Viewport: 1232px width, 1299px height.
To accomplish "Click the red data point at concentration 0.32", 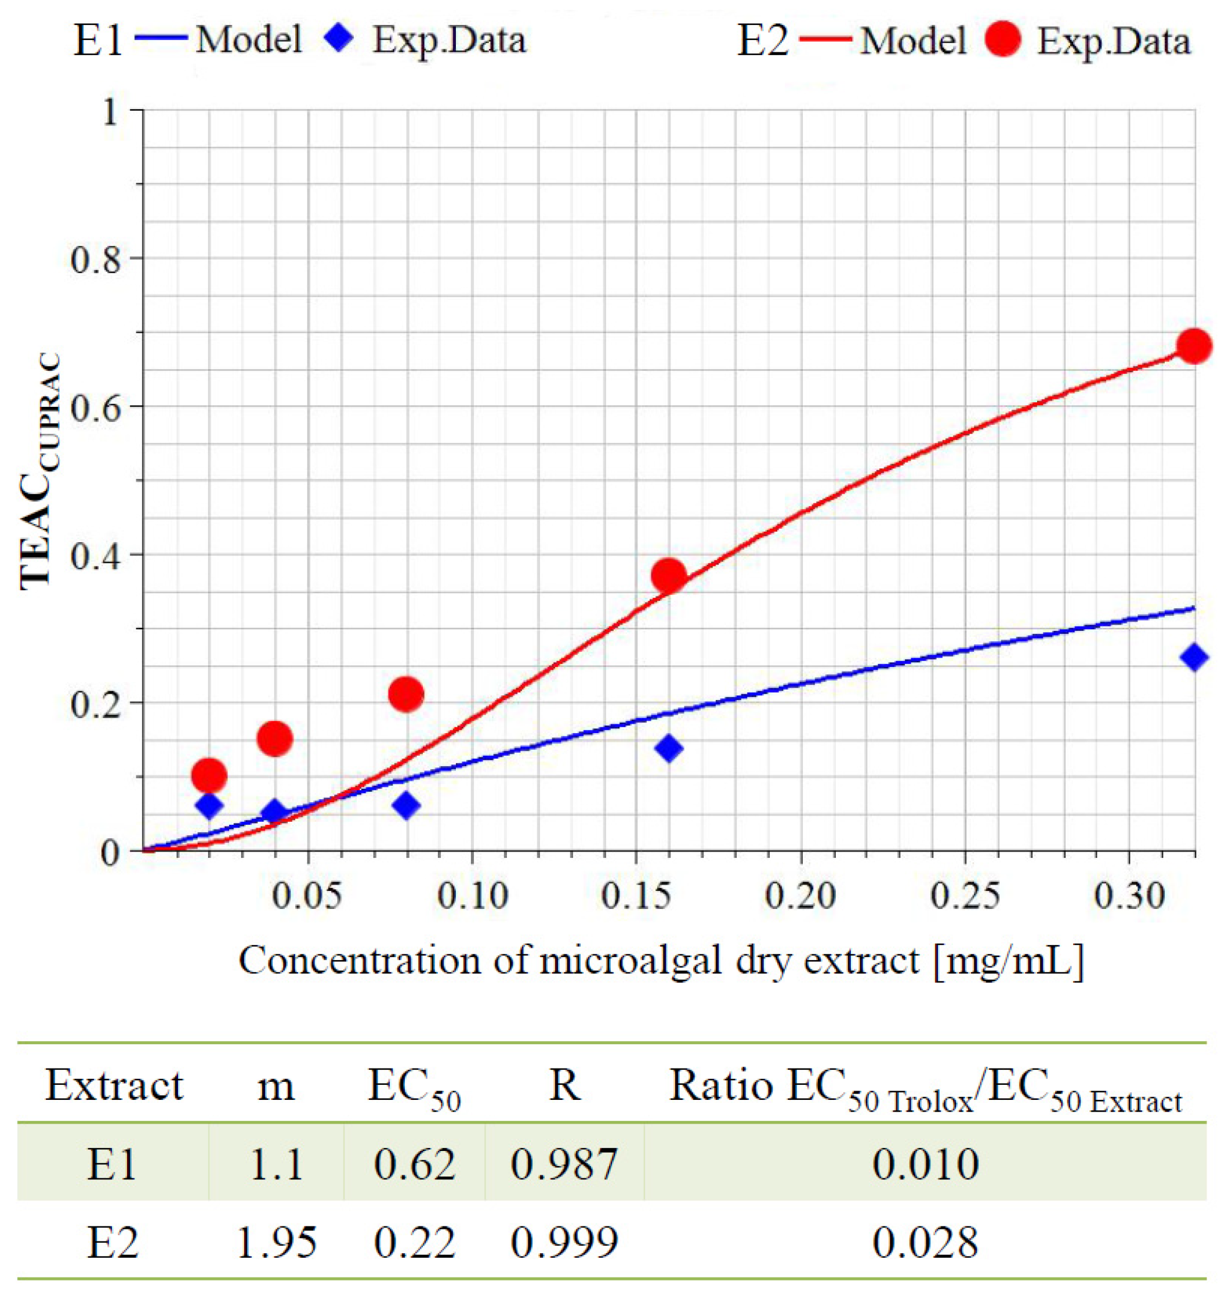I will (1193, 347).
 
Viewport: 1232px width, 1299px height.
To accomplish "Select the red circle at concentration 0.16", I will (669, 576).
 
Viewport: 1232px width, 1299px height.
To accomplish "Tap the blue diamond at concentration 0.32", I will (1193, 657).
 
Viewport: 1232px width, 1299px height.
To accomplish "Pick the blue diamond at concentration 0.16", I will (669, 748).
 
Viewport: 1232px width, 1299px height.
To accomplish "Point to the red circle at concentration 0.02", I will (209, 776).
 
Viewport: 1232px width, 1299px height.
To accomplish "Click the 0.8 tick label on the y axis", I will (96, 260).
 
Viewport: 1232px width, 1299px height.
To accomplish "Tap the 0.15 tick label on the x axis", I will (636, 896).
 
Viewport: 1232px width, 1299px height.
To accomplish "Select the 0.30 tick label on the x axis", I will (1129, 896).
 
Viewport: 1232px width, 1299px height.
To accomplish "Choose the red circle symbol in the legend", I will (1003, 39).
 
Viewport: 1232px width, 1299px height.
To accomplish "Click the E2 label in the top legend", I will (762, 41).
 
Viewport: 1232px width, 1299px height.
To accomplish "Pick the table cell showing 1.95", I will (277, 1243).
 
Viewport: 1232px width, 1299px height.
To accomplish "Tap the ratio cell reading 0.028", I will (925, 1243).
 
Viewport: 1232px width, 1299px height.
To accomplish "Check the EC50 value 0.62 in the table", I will (414, 1164).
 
